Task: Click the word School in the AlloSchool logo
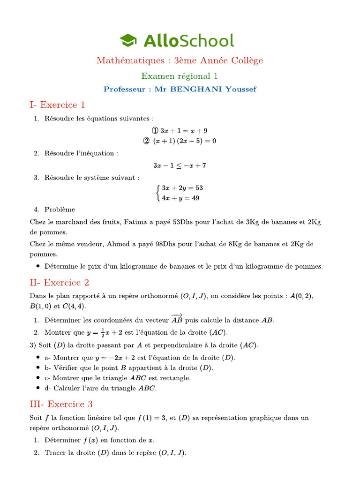click(x=206, y=41)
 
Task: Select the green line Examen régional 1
click(x=180, y=76)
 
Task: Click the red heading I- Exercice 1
click(x=57, y=105)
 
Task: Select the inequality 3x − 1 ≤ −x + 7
click(x=180, y=165)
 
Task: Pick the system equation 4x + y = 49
click(x=180, y=198)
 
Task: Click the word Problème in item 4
click(x=60, y=210)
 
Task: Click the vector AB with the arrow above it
click(x=177, y=320)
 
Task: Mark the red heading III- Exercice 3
click(x=61, y=404)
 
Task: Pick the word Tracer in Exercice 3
click(x=55, y=452)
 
